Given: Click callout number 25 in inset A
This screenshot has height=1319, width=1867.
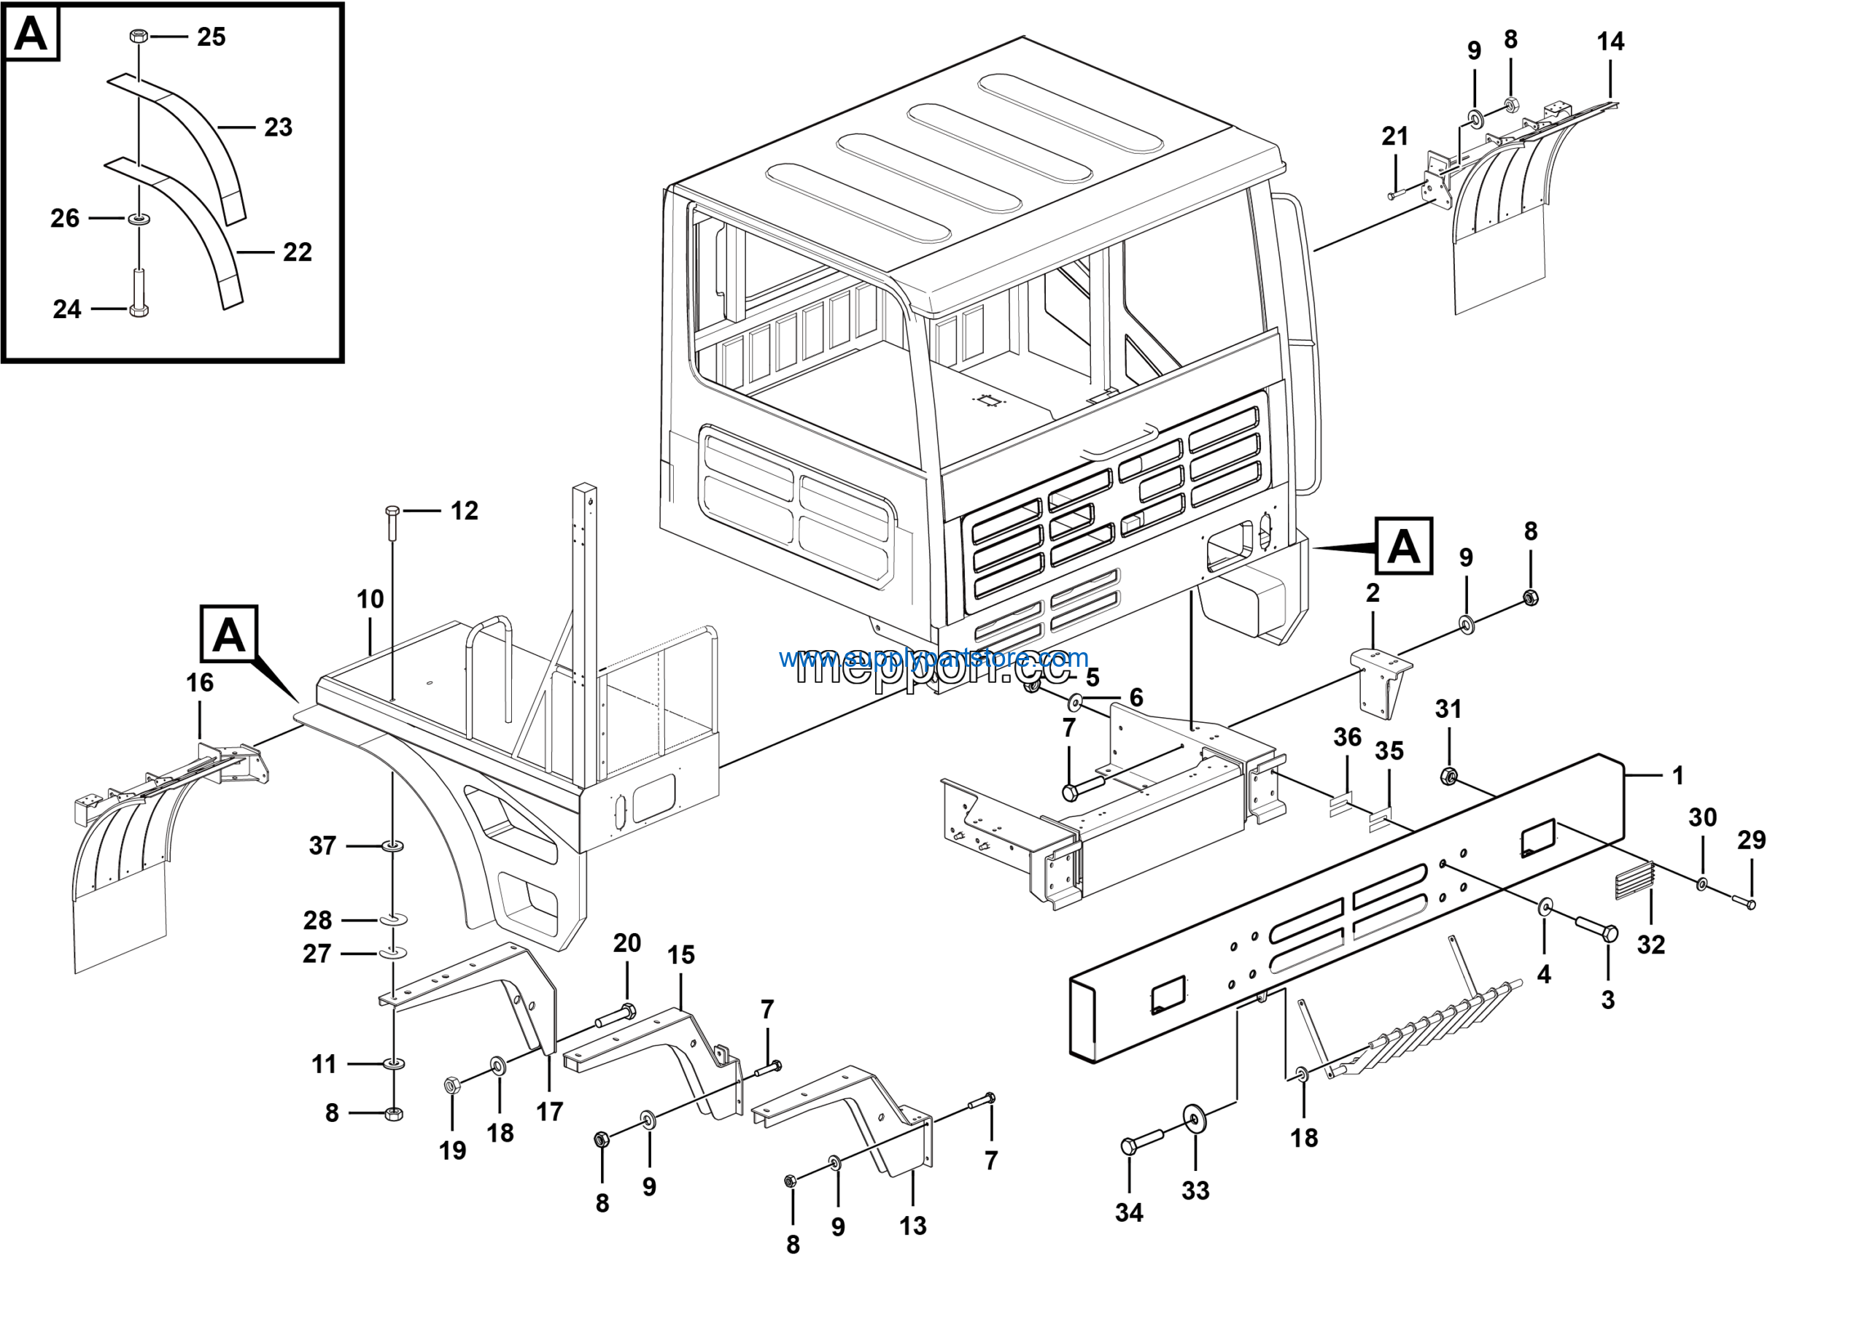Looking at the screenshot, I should click(x=211, y=36).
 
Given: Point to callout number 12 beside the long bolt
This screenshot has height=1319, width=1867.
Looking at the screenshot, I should click(x=464, y=511).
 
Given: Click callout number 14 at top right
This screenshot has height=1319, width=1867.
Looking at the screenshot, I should click(x=1610, y=42).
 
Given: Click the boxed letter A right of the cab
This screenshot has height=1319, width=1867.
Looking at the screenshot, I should click(x=1403, y=546).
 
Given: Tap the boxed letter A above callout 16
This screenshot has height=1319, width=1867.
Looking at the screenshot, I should click(x=228, y=634).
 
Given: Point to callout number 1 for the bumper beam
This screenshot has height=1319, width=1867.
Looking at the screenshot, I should click(x=1677, y=775).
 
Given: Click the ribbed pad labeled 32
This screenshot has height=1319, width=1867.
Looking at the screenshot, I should click(x=1634, y=881).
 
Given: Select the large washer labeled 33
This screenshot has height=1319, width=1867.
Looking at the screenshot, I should click(x=1195, y=1120).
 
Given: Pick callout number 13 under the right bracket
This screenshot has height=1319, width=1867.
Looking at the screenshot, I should click(x=912, y=1226).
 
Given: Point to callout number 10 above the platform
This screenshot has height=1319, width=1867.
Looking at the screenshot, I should click(x=369, y=600).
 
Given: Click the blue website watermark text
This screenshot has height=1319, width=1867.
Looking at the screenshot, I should click(x=933, y=657).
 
